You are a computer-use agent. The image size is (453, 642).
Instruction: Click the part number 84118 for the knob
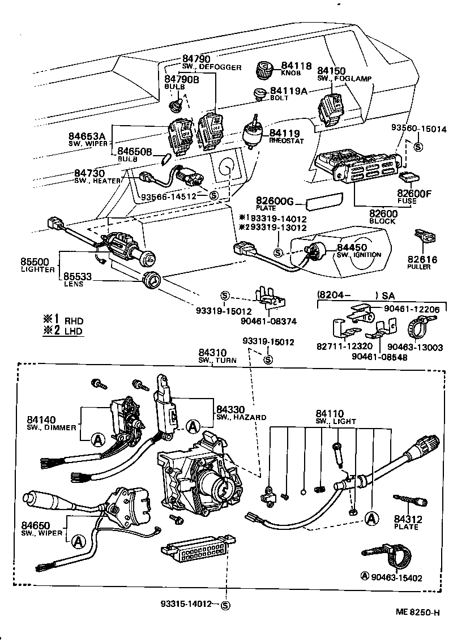click(x=296, y=66)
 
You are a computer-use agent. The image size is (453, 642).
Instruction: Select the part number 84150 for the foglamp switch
click(x=331, y=71)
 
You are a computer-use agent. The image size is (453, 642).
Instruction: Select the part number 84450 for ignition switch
click(x=352, y=247)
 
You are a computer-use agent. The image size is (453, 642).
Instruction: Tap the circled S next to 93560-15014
click(x=418, y=147)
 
